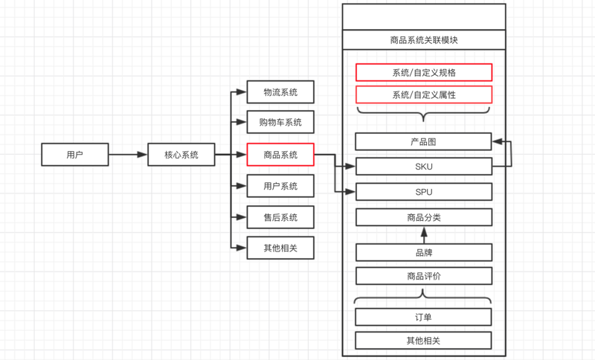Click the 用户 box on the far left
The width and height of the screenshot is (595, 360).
pyautogui.click(x=74, y=155)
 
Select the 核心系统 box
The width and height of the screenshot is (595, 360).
pyautogui.click(x=181, y=155)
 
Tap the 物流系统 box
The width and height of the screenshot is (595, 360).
pyautogui.click(x=280, y=92)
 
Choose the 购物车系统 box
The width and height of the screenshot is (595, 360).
pyautogui.click(x=280, y=122)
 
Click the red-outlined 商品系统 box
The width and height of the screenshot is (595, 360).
pyautogui.click(x=280, y=155)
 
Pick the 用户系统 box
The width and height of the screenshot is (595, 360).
pyautogui.click(x=280, y=186)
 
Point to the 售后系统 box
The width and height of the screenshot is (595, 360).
pyautogui.click(x=280, y=217)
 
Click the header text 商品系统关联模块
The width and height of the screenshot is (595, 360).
pyautogui.click(x=423, y=40)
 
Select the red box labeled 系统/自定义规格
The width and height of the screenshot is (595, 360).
pyautogui.click(x=424, y=73)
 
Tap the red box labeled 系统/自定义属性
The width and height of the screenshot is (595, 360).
pyautogui.click(x=424, y=95)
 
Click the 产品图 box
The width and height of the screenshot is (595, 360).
pyautogui.click(x=423, y=141)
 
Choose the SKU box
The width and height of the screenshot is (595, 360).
pyautogui.click(x=423, y=167)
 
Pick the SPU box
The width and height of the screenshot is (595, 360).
pyautogui.click(x=423, y=192)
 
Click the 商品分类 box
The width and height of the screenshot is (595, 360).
pyautogui.click(x=423, y=217)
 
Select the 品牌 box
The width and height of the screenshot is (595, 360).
pyautogui.click(x=423, y=251)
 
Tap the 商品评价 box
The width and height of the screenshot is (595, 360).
pyautogui.click(x=423, y=276)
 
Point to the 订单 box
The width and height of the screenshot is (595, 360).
pyautogui.click(x=423, y=317)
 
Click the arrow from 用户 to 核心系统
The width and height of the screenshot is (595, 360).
pyautogui.click(x=128, y=155)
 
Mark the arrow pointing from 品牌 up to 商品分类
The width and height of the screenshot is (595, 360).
pyautogui.click(x=424, y=234)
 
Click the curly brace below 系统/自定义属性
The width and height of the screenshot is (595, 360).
pyautogui.click(x=423, y=114)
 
